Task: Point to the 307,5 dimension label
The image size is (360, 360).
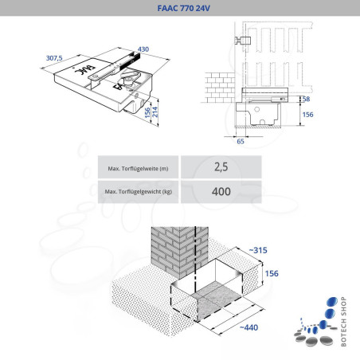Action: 55,59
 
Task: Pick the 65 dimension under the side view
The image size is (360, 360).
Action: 240,141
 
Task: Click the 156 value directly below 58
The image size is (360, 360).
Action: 309,114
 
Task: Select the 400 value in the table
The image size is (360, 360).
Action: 221,192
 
